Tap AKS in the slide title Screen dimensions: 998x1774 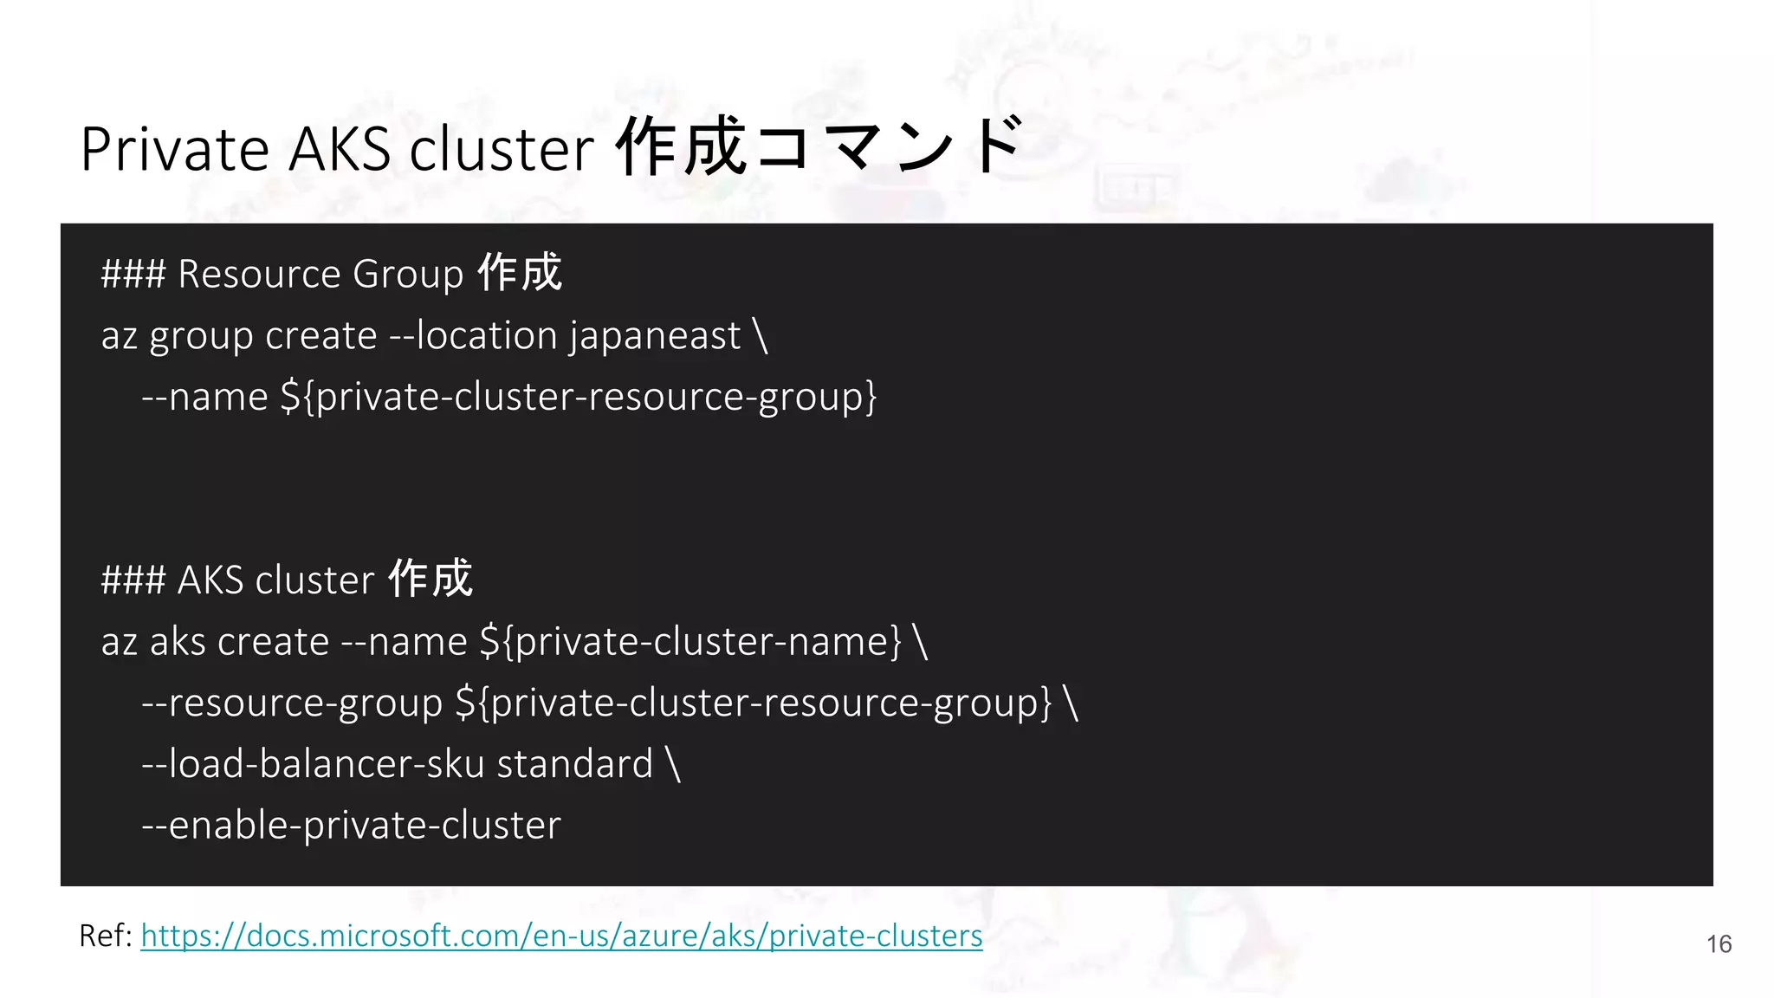(340, 149)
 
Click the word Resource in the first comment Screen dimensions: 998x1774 (259, 274)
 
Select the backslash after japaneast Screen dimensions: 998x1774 (761, 335)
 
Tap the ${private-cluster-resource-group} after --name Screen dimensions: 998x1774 (579, 397)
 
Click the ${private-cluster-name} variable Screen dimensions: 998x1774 (690, 642)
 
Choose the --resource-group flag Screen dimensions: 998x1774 (292, 703)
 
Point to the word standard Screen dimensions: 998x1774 (574, 764)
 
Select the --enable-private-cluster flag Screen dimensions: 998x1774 (352, 825)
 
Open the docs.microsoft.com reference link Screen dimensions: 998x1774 (561, 936)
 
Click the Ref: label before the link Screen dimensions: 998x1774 (105, 936)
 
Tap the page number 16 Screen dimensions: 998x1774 (1719, 944)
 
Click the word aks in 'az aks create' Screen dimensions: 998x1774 (178, 642)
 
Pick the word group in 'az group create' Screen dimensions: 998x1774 (202, 337)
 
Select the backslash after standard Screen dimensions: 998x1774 (674, 764)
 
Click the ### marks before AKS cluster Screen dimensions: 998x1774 (133, 580)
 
